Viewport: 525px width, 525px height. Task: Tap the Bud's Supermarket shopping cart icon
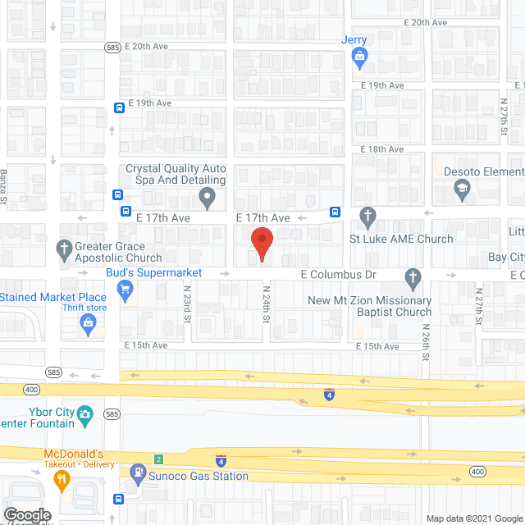(x=125, y=288)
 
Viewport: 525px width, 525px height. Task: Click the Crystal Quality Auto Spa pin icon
(x=208, y=197)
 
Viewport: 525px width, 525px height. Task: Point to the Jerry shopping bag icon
(x=358, y=57)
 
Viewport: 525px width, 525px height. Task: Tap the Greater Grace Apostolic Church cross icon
(x=65, y=248)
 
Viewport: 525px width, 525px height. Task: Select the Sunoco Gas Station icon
(x=137, y=471)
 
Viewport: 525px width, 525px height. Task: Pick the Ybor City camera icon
(x=85, y=415)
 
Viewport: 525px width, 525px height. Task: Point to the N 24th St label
(x=266, y=304)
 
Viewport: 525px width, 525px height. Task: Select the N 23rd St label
(x=187, y=304)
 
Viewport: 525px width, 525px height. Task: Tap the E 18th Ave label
(x=383, y=149)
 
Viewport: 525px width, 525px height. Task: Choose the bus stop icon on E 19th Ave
(x=119, y=107)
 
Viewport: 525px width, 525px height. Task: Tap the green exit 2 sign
(x=158, y=458)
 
